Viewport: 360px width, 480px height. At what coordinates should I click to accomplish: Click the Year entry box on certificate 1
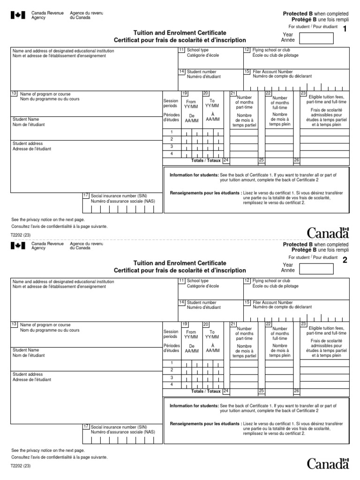pyautogui.click(x=316, y=37)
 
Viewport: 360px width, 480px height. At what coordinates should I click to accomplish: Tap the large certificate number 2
pyautogui.click(x=345, y=261)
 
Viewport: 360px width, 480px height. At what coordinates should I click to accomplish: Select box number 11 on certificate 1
pyautogui.click(x=181, y=50)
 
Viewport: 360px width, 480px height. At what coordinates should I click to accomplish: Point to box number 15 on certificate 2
pyautogui.click(x=247, y=302)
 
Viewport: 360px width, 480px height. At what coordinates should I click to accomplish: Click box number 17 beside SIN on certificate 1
pyautogui.click(x=85, y=195)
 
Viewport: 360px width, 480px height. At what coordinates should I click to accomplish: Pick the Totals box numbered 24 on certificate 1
pyautogui.click(x=226, y=160)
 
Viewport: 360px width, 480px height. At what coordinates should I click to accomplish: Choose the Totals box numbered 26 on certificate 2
pyautogui.click(x=296, y=390)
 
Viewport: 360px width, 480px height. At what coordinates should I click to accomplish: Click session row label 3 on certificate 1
pyautogui.click(x=171, y=146)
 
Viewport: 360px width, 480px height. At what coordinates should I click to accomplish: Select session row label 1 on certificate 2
pyautogui.click(x=171, y=363)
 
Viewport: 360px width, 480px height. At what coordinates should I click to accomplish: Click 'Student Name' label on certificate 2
pyautogui.click(x=26, y=350)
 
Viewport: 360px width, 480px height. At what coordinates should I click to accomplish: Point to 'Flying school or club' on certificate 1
pyautogui.click(x=270, y=50)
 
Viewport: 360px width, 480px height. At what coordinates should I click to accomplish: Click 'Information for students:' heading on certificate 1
pyautogui.click(x=194, y=175)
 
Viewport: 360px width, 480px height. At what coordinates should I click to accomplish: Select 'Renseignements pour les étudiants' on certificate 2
pyautogui.click(x=205, y=424)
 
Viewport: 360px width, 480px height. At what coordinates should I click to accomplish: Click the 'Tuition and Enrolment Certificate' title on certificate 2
pyautogui.click(x=180, y=263)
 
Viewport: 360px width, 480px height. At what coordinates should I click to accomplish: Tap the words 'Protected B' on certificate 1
pyautogui.click(x=298, y=14)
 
